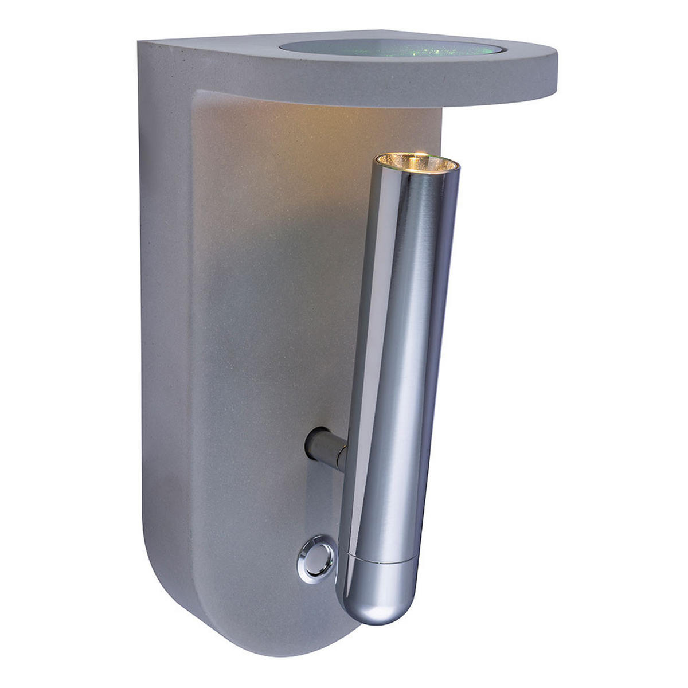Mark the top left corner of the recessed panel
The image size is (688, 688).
point(198,95)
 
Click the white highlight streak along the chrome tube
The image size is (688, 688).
point(367,344)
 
